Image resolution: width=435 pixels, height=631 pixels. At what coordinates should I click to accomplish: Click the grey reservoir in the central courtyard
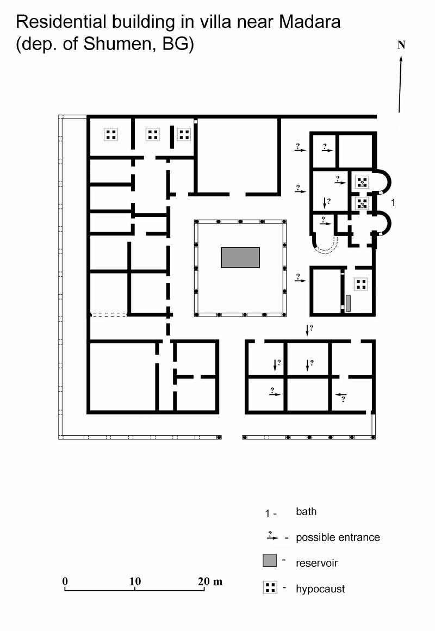[240, 257]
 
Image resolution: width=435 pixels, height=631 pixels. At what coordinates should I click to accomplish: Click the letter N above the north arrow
[401, 45]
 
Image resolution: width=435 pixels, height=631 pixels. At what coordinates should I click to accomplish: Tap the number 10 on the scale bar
[135, 581]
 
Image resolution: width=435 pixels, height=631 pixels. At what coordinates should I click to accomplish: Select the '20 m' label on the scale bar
[210, 581]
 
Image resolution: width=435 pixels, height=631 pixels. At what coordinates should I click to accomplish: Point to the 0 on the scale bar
[65, 581]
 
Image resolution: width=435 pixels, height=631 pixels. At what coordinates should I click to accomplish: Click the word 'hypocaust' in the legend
[320, 589]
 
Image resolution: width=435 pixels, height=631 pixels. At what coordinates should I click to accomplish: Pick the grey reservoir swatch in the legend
[270, 560]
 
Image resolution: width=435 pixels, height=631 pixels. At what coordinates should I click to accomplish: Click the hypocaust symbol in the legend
[270, 587]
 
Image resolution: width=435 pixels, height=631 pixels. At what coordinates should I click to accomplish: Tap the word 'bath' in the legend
[306, 511]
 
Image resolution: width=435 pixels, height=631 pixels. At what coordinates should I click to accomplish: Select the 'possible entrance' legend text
[338, 537]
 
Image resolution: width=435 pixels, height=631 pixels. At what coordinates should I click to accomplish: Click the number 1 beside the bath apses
[393, 202]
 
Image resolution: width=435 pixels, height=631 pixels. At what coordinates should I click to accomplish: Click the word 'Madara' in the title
[309, 22]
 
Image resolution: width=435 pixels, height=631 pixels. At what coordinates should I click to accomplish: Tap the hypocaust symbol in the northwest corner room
[111, 134]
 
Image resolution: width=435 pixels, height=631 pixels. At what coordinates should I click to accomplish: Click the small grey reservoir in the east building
[348, 303]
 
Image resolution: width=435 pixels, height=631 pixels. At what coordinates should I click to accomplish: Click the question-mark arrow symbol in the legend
[272, 536]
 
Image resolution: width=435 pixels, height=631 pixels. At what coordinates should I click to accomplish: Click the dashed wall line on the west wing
[109, 314]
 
